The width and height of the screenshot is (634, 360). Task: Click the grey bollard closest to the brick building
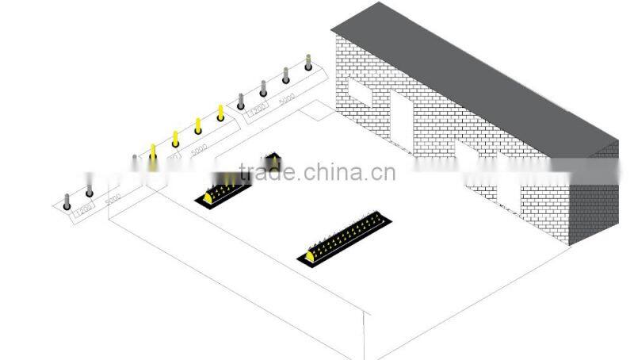tap(308, 62)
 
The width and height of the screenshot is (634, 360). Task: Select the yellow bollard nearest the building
tap(220, 113)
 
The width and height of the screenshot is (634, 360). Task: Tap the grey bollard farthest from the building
tap(67, 198)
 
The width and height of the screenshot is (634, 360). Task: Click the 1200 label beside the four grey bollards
tap(258, 111)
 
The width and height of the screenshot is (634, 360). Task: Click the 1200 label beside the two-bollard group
tap(83, 209)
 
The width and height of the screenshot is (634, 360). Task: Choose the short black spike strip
tap(224, 188)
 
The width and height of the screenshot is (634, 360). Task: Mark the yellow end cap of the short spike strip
tap(208, 197)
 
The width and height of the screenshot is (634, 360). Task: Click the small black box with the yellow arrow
tap(273, 162)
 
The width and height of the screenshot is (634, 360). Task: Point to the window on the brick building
tap(361, 92)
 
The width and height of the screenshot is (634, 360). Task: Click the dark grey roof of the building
tap(475, 71)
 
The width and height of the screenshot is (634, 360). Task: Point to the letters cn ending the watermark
tap(383, 173)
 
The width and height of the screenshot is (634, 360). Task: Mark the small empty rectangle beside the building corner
tap(318, 112)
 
